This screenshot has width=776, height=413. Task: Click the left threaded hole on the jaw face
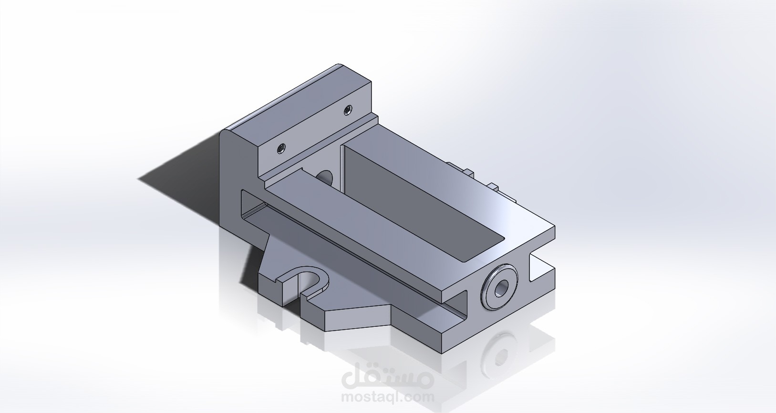click(280, 149)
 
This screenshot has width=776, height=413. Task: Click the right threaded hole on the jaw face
click(348, 111)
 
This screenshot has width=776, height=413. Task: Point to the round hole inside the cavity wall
click(326, 177)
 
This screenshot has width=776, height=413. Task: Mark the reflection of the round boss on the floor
click(499, 351)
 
